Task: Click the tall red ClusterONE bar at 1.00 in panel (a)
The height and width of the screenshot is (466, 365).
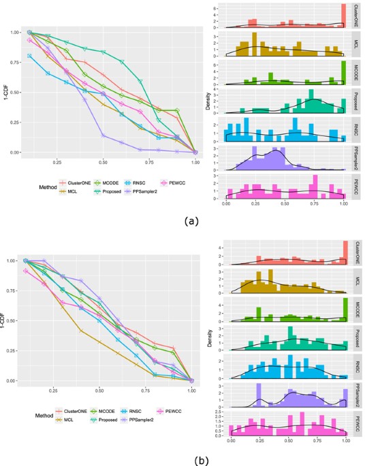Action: click(345, 13)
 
